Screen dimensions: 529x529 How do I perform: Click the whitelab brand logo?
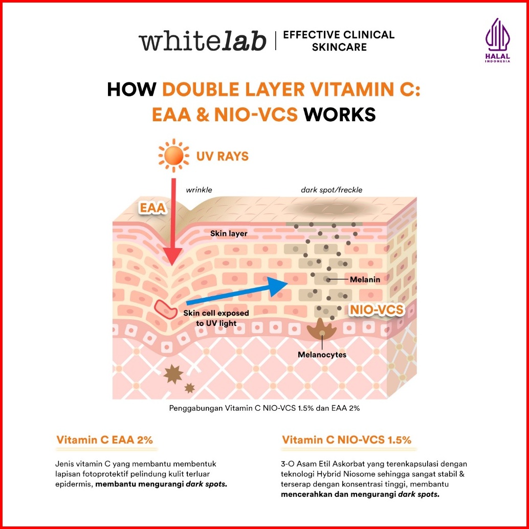[203, 41]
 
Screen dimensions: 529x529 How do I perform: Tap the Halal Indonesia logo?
[497, 41]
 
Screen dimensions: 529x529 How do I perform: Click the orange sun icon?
[173, 155]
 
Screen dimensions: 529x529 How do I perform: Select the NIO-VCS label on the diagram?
[377, 310]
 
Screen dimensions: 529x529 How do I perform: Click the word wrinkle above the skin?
[199, 190]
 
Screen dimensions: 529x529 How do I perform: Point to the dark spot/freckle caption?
[332, 190]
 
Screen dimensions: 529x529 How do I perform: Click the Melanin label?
[363, 280]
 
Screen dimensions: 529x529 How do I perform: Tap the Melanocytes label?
[322, 355]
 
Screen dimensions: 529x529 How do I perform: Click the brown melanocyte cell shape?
[322, 330]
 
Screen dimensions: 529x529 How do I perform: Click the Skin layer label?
[229, 233]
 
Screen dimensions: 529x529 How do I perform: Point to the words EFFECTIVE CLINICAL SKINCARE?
[339, 41]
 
